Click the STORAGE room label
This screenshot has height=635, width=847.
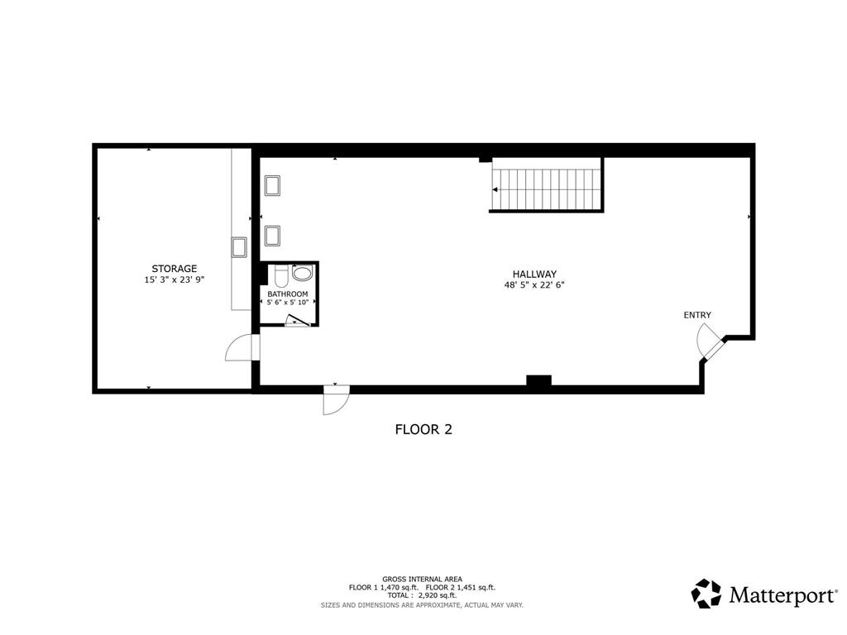pyautogui.click(x=174, y=269)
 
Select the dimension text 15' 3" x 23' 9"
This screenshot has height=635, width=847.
pyautogui.click(x=174, y=279)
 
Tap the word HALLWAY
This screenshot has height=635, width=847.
pyautogui.click(x=534, y=274)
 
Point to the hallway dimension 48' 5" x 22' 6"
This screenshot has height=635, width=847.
pyautogui.click(x=534, y=285)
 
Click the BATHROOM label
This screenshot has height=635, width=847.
pyautogui.click(x=288, y=294)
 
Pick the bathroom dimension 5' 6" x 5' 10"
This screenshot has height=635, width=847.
pyautogui.click(x=288, y=303)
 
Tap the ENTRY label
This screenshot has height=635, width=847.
pyautogui.click(x=697, y=315)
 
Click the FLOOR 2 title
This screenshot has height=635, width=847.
pyautogui.click(x=423, y=429)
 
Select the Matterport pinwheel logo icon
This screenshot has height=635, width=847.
pyautogui.click(x=706, y=594)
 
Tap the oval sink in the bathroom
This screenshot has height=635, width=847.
pyautogui.click(x=303, y=273)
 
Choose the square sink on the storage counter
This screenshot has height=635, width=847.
pyautogui.click(x=239, y=247)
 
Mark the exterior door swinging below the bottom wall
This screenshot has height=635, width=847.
pyautogui.click(x=336, y=399)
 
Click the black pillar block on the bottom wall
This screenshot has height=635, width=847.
pyautogui.click(x=538, y=380)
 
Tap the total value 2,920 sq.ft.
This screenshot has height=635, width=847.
pyautogui.click(x=437, y=595)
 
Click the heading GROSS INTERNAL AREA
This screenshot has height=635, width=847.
pyautogui.click(x=423, y=580)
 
